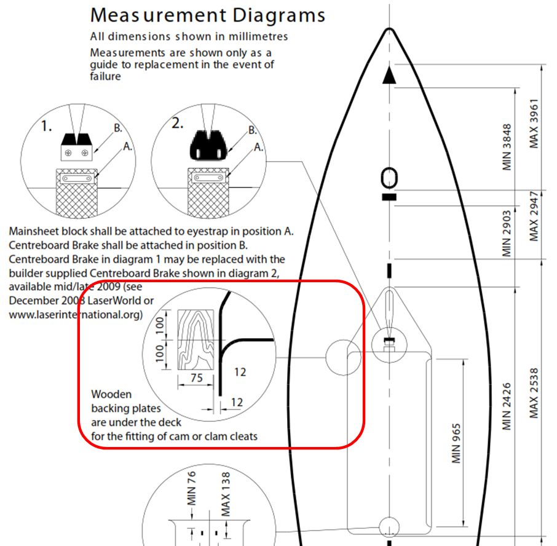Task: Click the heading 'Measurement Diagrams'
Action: (207, 15)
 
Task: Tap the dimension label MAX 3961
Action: (534, 123)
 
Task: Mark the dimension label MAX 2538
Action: (534, 394)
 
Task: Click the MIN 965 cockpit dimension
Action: (456, 442)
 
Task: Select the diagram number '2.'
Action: (178, 123)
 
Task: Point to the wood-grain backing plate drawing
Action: (194, 338)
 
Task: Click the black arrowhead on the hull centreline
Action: (389, 76)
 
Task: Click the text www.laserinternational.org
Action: (76, 314)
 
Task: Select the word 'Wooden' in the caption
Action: (111, 394)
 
